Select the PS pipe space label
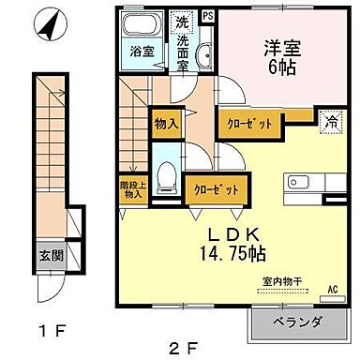coord(206,15)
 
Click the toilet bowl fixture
coord(166,175)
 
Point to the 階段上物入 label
coord(131,188)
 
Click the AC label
coord(332,290)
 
